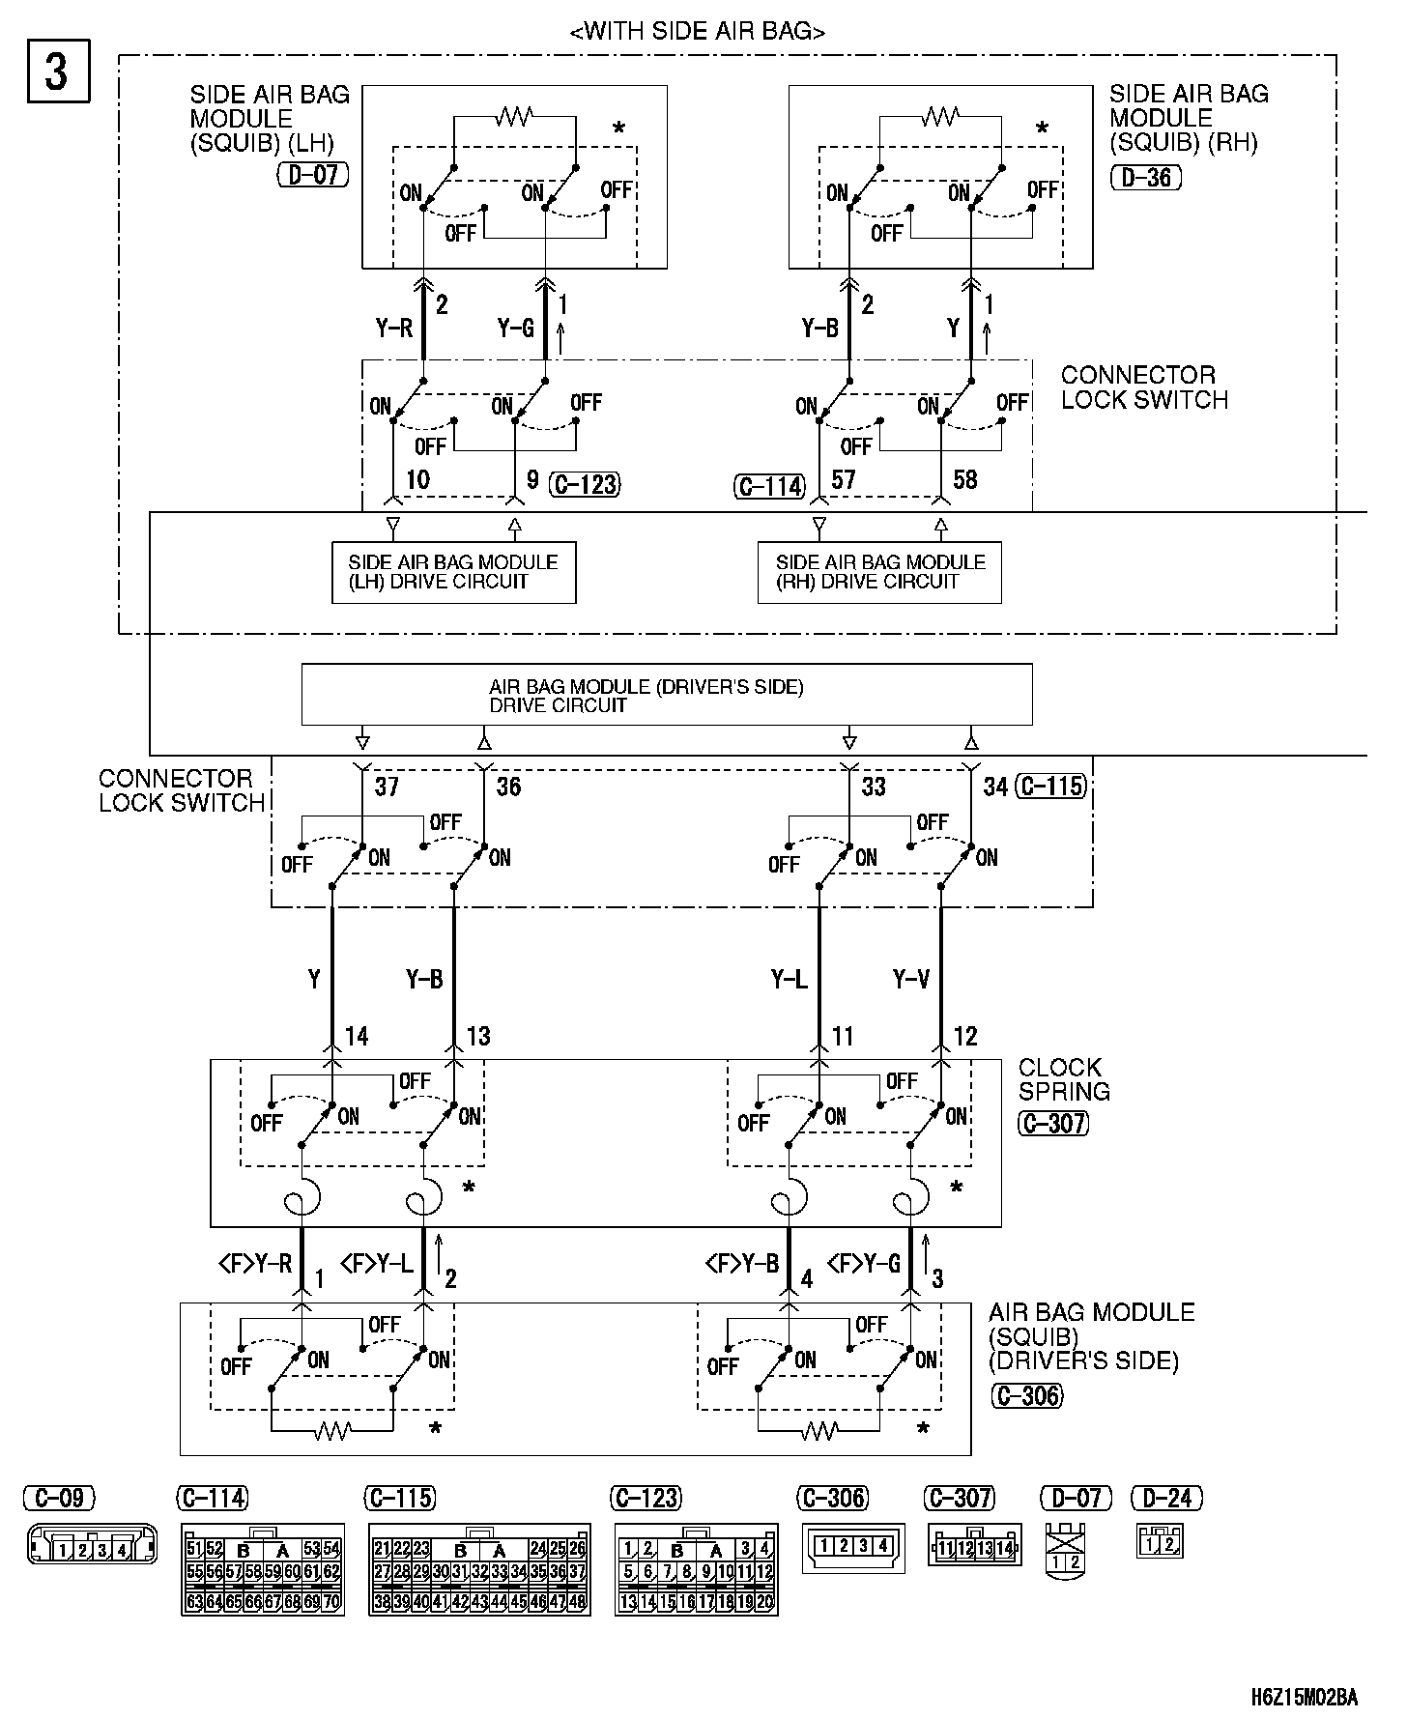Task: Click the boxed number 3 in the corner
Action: [x=57, y=71]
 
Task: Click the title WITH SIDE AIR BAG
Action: [x=698, y=32]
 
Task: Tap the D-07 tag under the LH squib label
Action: [x=312, y=175]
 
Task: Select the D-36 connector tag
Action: [x=1146, y=178]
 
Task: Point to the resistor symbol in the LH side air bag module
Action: [x=514, y=118]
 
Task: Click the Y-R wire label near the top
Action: [x=393, y=329]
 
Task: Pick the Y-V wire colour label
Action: [x=910, y=980]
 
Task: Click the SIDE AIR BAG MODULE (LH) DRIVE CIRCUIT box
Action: [x=453, y=573]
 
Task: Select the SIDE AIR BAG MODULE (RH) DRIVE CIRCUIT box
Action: [x=879, y=573]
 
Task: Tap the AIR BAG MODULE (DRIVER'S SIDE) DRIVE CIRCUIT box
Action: [x=666, y=695]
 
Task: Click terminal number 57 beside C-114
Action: [x=844, y=479]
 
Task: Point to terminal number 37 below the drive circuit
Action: [x=387, y=787]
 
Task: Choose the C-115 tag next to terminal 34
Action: [x=1053, y=787]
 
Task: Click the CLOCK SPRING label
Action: [x=1063, y=1079]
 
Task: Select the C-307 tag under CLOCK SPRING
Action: [x=1052, y=1123]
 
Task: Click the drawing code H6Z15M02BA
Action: [x=1304, y=1697]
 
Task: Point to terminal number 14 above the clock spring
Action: [x=357, y=1037]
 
